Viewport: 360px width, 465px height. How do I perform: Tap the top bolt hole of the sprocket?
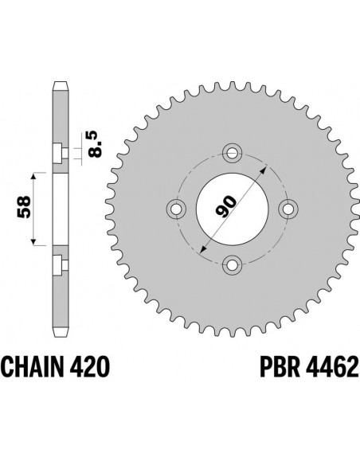point(232,151)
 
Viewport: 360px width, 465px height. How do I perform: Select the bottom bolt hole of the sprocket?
point(232,264)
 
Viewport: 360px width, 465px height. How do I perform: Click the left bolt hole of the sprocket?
point(176,208)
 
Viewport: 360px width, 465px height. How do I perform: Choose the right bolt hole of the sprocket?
point(288,208)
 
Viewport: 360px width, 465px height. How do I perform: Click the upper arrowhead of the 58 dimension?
point(33,173)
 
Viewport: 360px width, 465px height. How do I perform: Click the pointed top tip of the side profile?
point(59,82)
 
